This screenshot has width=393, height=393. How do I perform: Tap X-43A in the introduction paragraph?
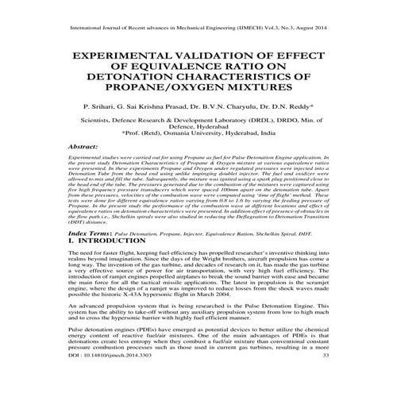click(151, 310)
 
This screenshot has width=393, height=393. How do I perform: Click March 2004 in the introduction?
click(237, 310)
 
